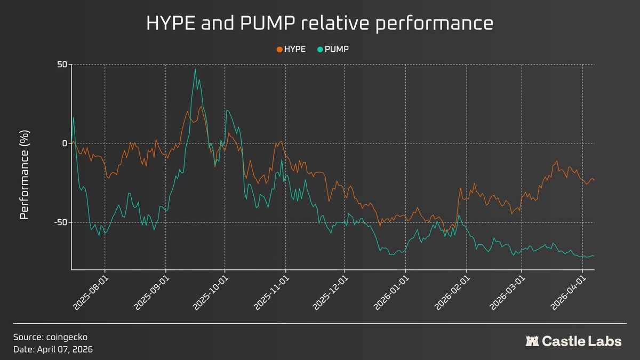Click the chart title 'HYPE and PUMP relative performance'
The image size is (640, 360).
(x=319, y=25)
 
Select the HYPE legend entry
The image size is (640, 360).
(x=291, y=49)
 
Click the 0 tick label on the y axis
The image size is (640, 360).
(x=65, y=143)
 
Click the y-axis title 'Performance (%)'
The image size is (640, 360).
(x=25, y=174)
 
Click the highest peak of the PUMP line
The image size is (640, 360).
(x=195, y=69)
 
